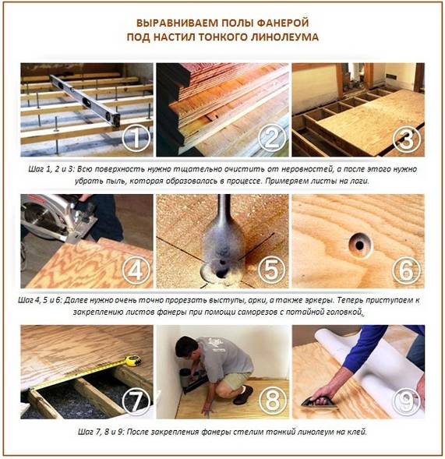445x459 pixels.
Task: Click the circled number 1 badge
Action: [x=136, y=138]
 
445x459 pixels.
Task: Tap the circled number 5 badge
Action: [x=271, y=270]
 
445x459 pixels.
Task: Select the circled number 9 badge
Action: [x=406, y=401]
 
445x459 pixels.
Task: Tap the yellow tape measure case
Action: [x=133, y=360]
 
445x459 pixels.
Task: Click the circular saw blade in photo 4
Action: [x=37, y=217]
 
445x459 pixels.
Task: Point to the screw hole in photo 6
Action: [x=360, y=245]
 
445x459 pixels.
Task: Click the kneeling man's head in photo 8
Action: [x=187, y=349]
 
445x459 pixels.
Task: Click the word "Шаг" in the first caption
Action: [x=36, y=169]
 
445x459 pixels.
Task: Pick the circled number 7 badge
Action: [x=136, y=401]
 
